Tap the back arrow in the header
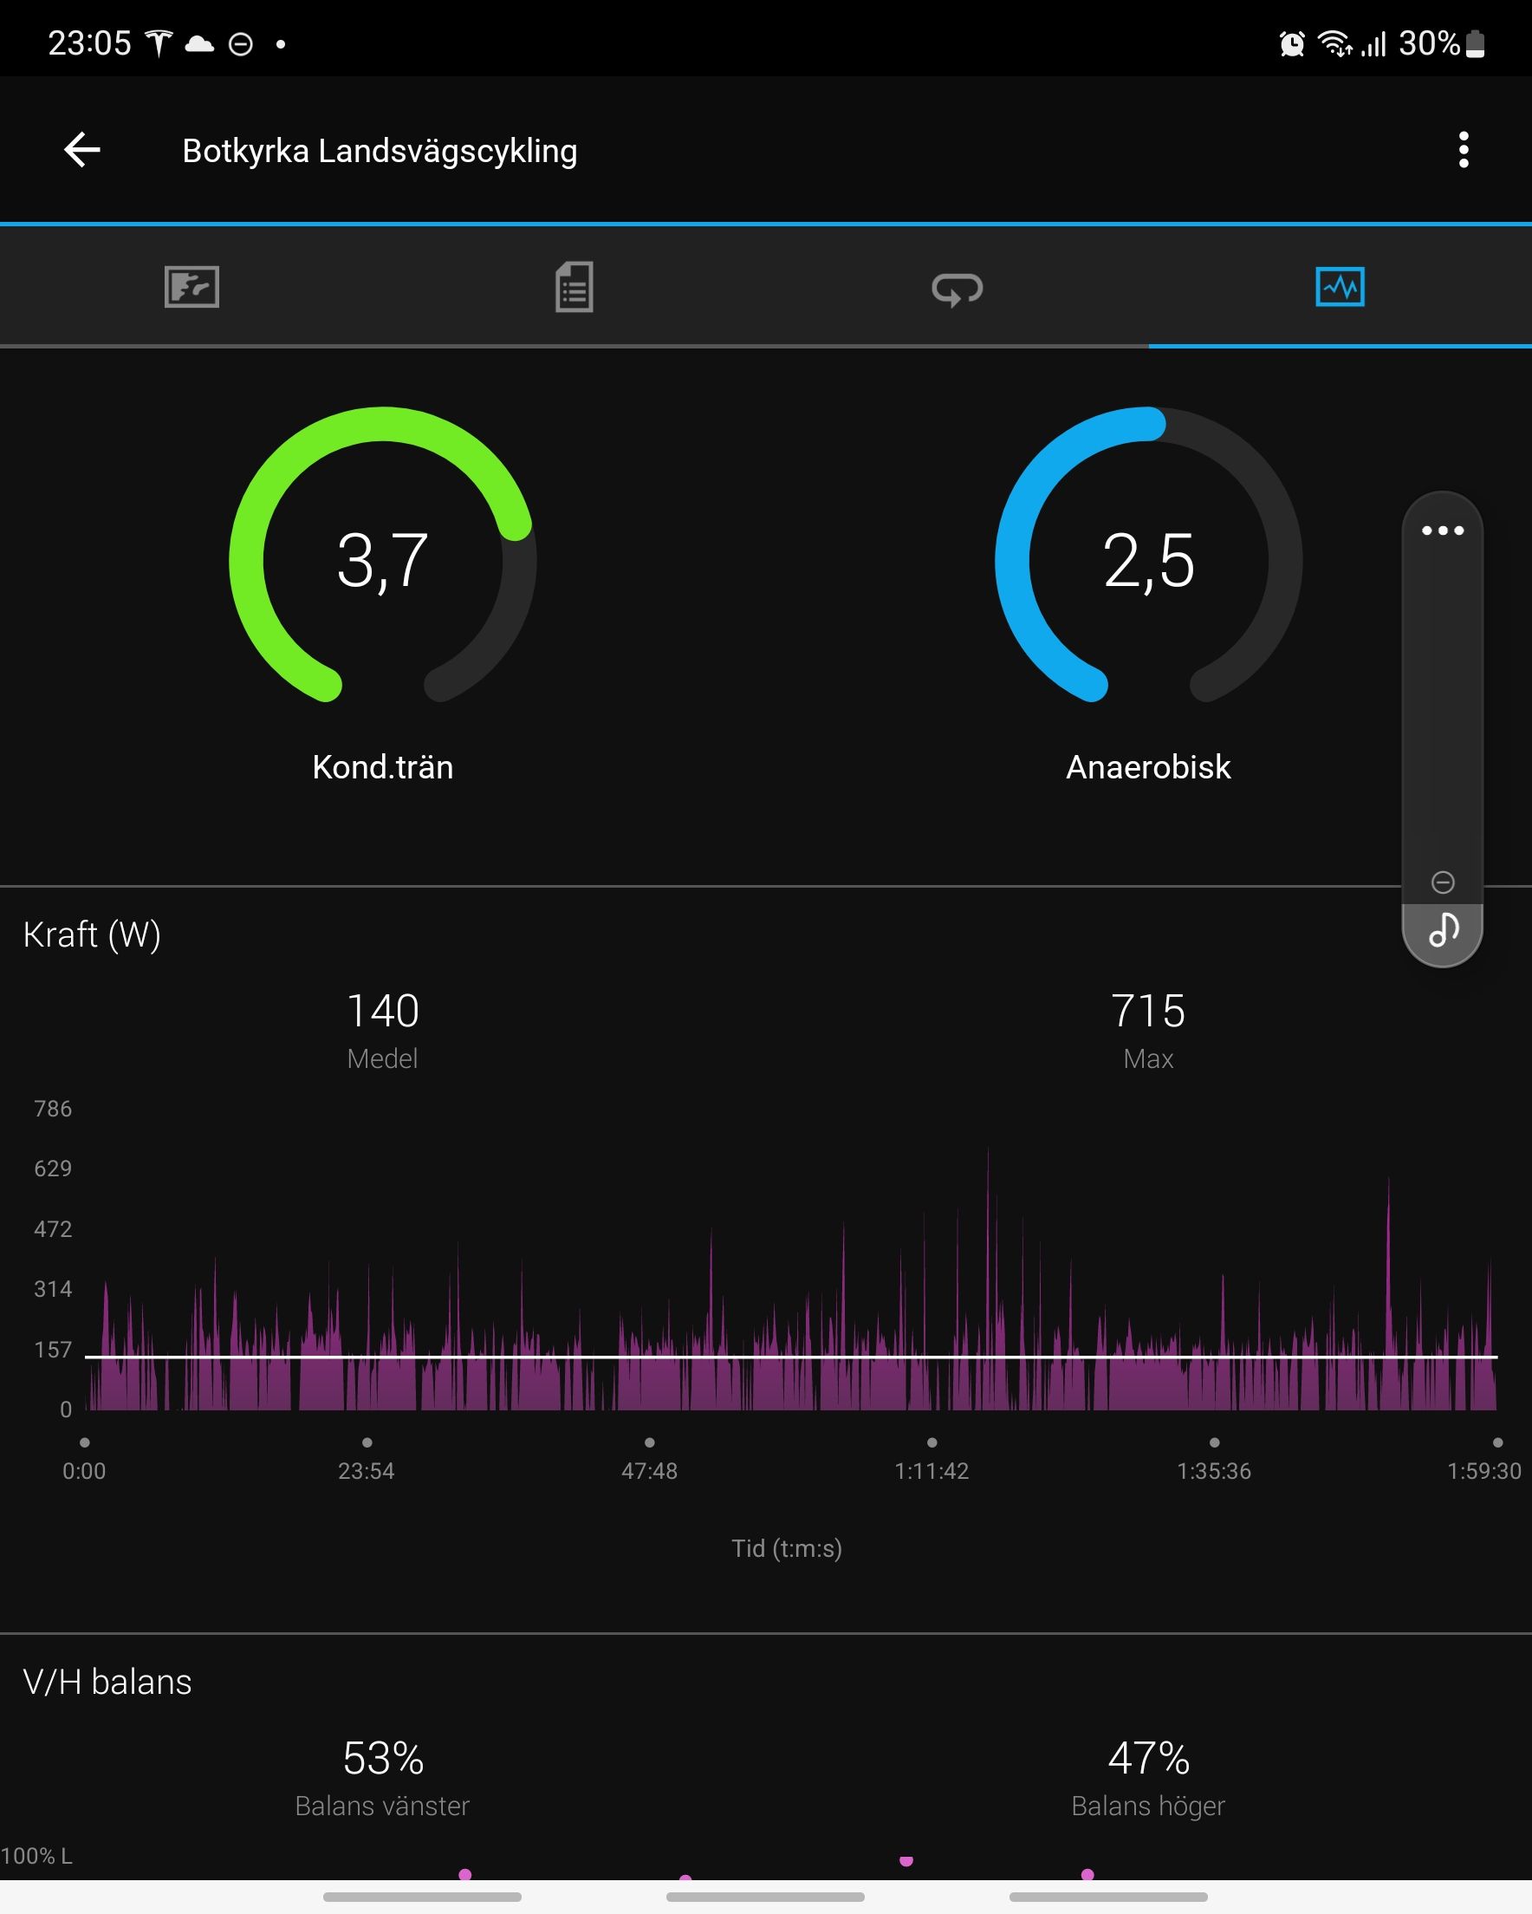point(82,149)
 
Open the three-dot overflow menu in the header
point(1464,149)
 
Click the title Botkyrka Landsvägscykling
point(380,151)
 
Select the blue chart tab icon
point(1340,287)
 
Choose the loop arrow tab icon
point(957,289)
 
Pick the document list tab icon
point(574,287)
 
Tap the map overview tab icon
point(191,287)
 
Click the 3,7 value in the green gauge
point(382,560)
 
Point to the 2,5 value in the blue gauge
point(1148,560)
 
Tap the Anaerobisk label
point(1148,767)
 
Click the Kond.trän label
point(382,767)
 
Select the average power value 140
point(382,1011)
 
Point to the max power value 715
point(1148,1011)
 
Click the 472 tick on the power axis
point(52,1228)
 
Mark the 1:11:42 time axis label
point(932,1471)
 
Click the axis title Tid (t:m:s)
point(787,1548)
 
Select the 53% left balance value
point(382,1759)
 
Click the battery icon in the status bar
point(1475,42)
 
